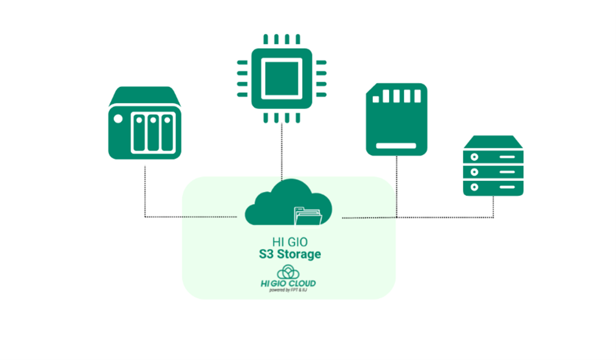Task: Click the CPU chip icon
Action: [282, 78]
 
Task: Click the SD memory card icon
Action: [396, 119]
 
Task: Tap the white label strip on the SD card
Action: [396, 146]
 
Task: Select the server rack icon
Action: [494, 165]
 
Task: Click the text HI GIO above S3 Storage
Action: [286, 242]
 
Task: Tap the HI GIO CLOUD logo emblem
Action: [288, 272]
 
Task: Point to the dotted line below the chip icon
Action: [282, 150]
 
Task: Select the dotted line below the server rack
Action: [493, 206]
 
